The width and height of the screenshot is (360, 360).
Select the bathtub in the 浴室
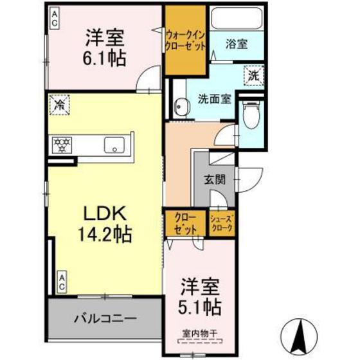click(x=237, y=19)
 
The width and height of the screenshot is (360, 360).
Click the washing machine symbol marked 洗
click(x=254, y=76)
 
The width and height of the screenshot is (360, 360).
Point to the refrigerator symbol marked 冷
click(x=59, y=105)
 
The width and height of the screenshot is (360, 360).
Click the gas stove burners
click(x=62, y=145)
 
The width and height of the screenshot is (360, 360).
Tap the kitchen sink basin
click(x=114, y=145)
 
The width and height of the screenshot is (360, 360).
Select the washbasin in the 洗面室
click(x=182, y=107)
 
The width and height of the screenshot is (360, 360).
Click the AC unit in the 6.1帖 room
click(x=55, y=18)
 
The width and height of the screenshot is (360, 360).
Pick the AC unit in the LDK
click(x=62, y=282)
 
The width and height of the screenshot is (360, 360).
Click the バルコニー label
click(x=105, y=319)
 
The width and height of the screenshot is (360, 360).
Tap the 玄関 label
click(x=215, y=179)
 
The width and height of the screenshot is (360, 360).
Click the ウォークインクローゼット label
click(x=186, y=41)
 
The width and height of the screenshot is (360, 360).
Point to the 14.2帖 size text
click(x=105, y=234)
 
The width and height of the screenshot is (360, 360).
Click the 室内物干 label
click(x=200, y=334)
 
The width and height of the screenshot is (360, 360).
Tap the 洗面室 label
click(x=215, y=99)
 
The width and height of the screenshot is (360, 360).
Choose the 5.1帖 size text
click(x=200, y=307)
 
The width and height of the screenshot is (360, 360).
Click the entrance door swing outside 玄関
click(x=251, y=180)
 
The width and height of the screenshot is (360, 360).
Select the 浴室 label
click(x=237, y=44)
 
